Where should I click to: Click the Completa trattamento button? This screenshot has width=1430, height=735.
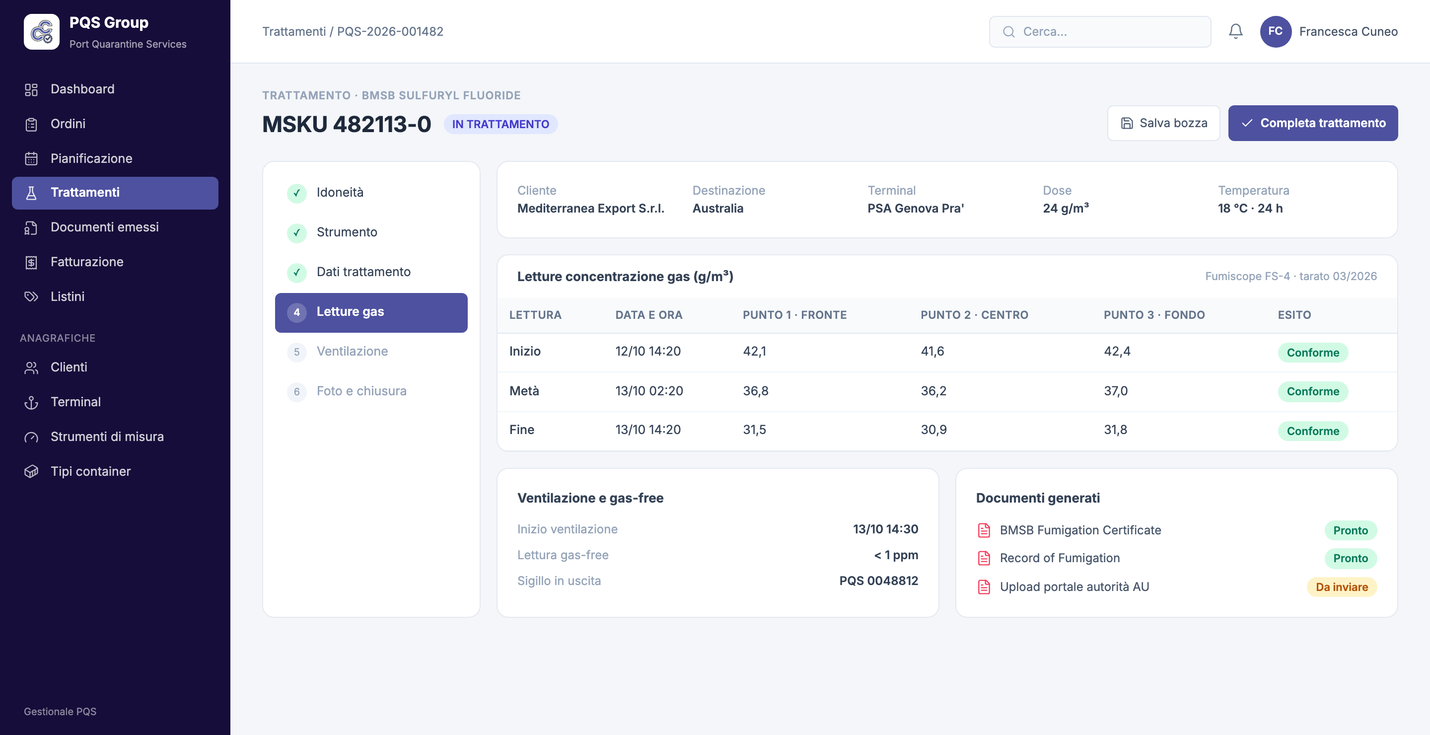click(1312, 123)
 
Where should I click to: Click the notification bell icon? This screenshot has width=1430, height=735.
click(1235, 32)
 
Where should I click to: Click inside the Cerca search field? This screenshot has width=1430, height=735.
click(1100, 32)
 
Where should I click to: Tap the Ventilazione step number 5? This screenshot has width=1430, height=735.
click(296, 352)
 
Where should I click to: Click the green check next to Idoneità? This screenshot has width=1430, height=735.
click(296, 193)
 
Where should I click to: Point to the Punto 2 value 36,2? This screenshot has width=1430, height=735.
click(933, 391)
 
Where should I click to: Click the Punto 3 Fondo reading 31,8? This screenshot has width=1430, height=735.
click(1115, 430)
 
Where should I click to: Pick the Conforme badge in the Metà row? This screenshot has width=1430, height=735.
click(1312, 391)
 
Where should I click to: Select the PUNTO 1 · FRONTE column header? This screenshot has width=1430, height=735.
click(794, 315)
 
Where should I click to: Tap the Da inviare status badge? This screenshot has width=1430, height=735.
click(1341, 587)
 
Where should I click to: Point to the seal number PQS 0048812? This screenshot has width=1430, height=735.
click(878, 581)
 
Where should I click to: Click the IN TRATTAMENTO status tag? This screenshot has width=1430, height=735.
click(500, 124)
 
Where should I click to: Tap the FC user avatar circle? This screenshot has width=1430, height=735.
click(1275, 32)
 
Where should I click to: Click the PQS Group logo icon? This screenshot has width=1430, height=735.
click(42, 32)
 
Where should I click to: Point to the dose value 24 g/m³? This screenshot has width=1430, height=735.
click(1065, 208)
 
